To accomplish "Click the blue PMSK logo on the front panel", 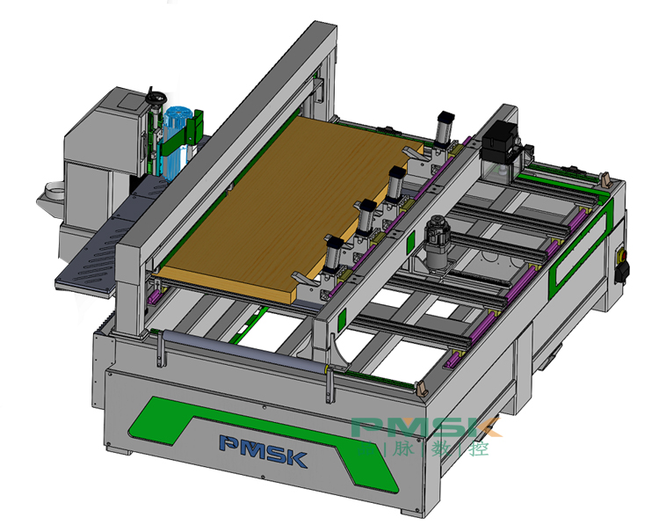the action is pyautogui.click(x=264, y=451).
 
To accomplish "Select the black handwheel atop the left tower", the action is pyautogui.click(x=156, y=98).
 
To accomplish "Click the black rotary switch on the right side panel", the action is pyautogui.click(x=622, y=271).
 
